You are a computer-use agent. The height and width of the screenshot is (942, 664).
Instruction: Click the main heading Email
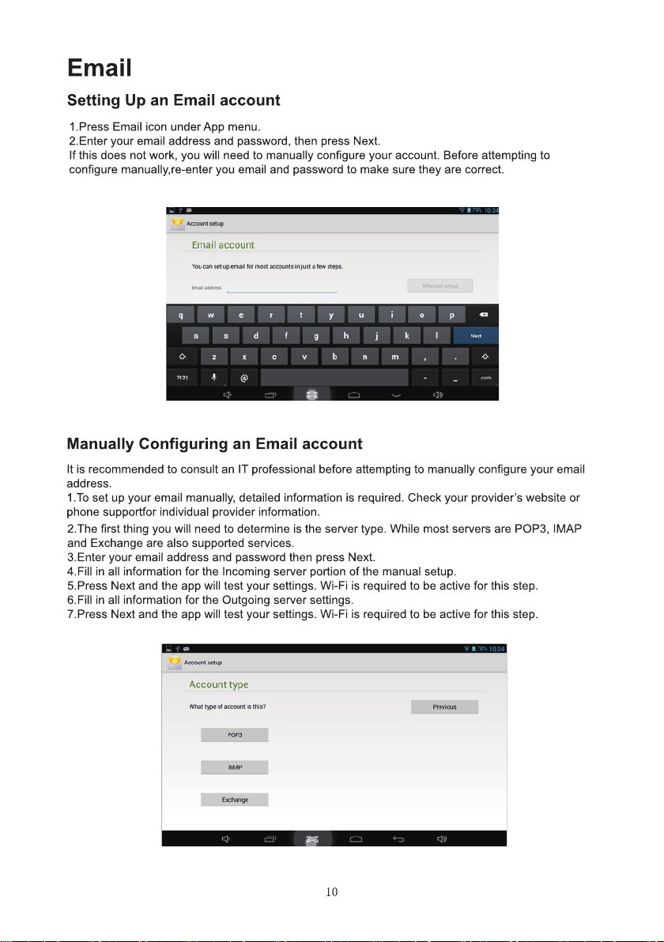point(99,68)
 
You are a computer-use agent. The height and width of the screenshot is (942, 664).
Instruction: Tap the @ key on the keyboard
point(244,378)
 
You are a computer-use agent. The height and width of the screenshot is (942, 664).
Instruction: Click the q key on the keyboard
point(181,315)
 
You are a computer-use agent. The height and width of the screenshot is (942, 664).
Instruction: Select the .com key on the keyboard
point(485,378)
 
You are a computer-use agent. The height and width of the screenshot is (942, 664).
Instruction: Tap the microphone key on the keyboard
point(213,378)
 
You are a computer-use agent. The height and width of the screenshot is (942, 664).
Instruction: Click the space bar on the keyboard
point(334,378)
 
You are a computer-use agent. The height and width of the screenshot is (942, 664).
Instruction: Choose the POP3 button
point(235,735)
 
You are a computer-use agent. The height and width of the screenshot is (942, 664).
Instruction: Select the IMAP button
point(235,767)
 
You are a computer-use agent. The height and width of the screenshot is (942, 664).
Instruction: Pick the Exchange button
point(235,800)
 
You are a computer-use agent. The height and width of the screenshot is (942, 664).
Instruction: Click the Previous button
point(444,706)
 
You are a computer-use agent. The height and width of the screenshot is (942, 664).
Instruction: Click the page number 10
point(332,892)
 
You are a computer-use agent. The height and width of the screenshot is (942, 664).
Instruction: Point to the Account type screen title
point(219,684)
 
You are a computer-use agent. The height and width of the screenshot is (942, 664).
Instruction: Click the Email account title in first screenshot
point(223,245)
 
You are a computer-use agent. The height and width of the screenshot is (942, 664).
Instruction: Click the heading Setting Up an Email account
point(174,101)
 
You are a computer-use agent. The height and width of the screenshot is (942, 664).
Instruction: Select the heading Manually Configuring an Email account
point(214,444)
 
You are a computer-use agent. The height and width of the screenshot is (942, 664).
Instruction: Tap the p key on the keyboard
point(451,315)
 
